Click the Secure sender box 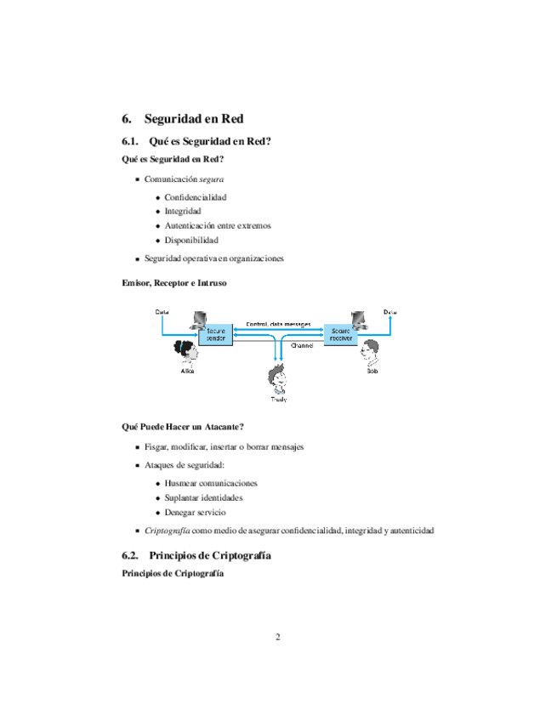click(215, 334)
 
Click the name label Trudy click(278, 399)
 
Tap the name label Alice click(188, 372)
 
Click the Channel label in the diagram click(302, 346)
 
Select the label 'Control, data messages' click(278, 324)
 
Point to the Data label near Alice click(162, 312)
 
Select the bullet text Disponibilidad click(185, 240)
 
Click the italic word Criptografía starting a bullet click(168, 530)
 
